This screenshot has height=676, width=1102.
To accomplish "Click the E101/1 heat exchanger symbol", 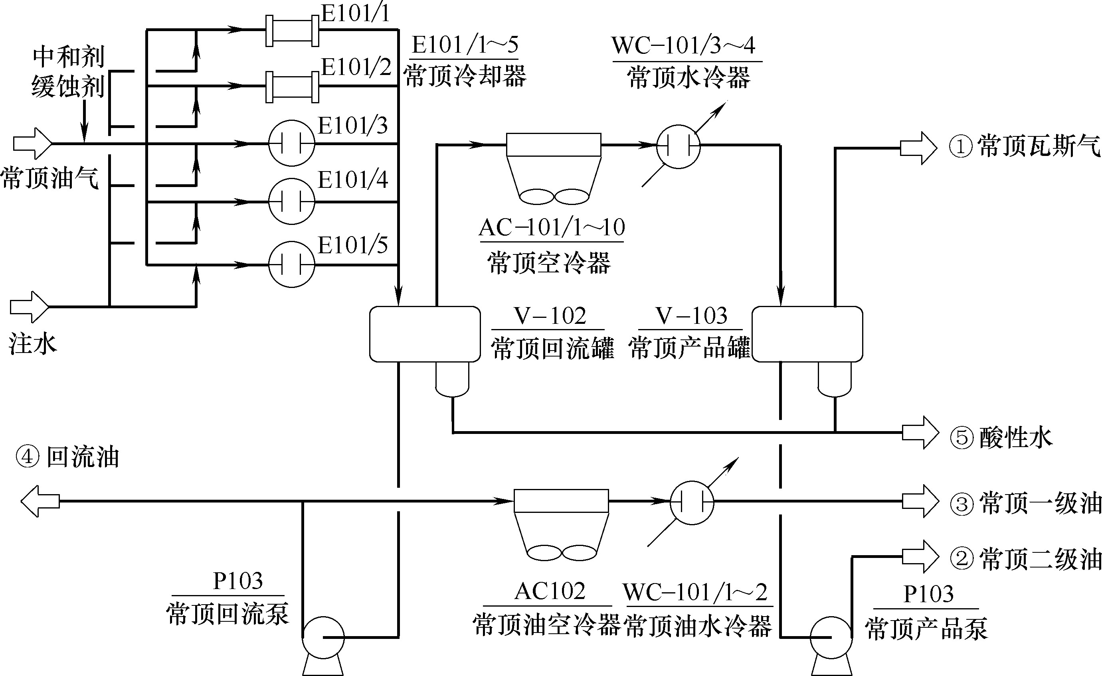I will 292,31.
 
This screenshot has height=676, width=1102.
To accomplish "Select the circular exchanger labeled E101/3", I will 292,143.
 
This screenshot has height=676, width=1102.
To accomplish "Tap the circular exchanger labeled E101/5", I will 292,265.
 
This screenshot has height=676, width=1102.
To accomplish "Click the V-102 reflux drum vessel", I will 425,334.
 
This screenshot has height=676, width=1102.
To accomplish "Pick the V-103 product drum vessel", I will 807,334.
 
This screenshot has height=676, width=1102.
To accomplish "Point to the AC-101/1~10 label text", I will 552,228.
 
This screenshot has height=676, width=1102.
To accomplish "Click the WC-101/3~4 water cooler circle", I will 678,146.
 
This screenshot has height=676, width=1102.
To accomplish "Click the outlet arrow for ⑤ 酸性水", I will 920,432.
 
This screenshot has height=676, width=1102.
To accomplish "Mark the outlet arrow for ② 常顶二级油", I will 920,557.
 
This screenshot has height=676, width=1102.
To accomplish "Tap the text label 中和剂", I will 69,57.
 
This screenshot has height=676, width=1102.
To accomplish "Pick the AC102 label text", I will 550,591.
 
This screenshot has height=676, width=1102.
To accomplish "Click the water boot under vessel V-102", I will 452,379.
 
